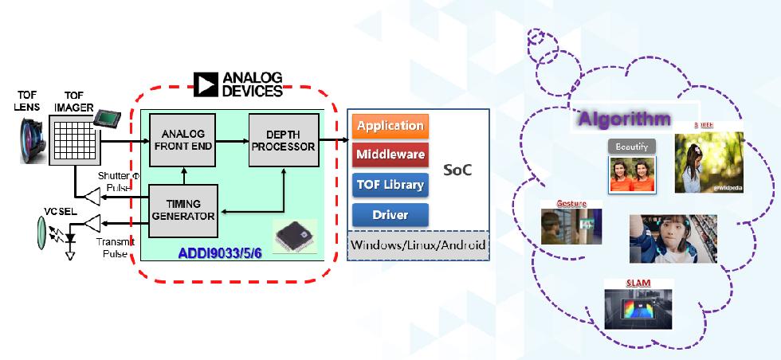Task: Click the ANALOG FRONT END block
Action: pyautogui.click(x=183, y=141)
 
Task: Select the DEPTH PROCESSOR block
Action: pyautogui.click(x=282, y=140)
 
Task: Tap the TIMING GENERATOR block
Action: pyautogui.click(x=183, y=209)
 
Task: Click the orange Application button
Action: pyautogui.click(x=390, y=126)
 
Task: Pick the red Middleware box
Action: pyautogui.click(x=390, y=155)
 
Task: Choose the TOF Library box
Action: pyautogui.click(x=390, y=185)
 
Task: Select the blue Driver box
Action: pyautogui.click(x=390, y=214)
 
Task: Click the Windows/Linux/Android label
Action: pyautogui.click(x=419, y=244)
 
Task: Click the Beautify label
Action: pyautogui.click(x=632, y=147)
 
